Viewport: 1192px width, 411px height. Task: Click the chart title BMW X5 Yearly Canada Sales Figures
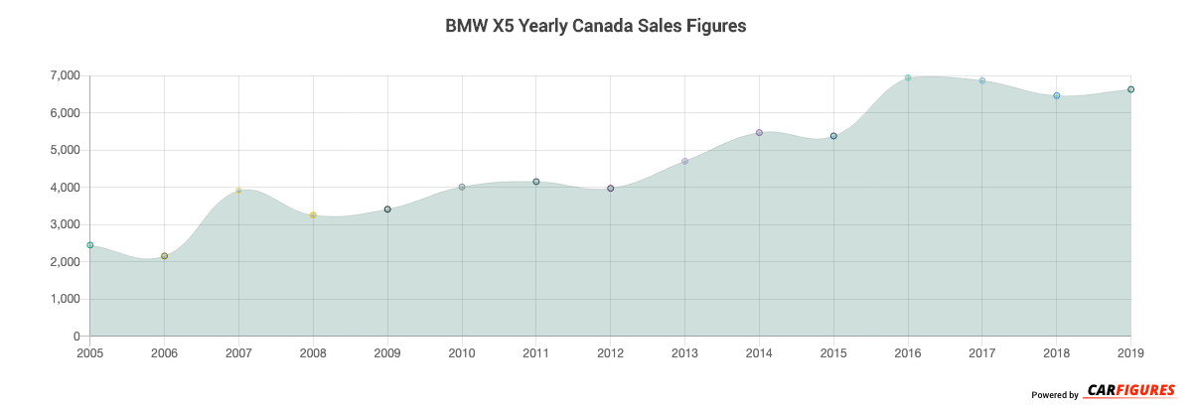pyautogui.click(x=595, y=27)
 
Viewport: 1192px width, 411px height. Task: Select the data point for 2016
pyautogui.click(x=908, y=77)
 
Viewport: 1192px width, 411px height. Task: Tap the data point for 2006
pyautogui.click(x=164, y=256)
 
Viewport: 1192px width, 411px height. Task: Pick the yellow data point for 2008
pyautogui.click(x=313, y=215)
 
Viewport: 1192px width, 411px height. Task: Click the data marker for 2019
pyautogui.click(x=1130, y=89)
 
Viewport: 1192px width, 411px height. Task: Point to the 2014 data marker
pyautogui.click(x=759, y=132)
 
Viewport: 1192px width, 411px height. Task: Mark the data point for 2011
pyautogui.click(x=536, y=182)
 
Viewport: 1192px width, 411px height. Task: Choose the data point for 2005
pyautogui.click(x=90, y=245)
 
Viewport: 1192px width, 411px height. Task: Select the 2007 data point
pyautogui.click(x=238, y=191)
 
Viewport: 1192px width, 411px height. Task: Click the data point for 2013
pyautogui.click(x=684, y=161)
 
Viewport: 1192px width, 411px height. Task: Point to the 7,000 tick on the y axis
pyautogui.click(x=63, y=76)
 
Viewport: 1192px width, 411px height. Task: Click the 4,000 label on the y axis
pyautogui.click(x=63, y=188)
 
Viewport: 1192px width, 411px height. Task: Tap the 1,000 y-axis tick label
pyautogui.click(x=63, y=300)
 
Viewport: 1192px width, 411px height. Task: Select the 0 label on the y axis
pyautogui.click(x=76, y=337)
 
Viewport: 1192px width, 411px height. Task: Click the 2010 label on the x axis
pyautogui.click(x=462, y=352)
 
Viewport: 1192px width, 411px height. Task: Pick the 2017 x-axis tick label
pyautogui.click(x=982, y=352)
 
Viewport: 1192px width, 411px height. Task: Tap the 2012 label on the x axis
pyautogui.click(x=611, y=352)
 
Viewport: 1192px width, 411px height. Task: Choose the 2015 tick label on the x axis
pyautogui.click(x=833, y=352)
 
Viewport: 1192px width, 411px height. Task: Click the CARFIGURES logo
pyautogui.click(x=1130, y=390)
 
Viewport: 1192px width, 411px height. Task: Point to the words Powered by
pyautogui.click(x=1054, y=395)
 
